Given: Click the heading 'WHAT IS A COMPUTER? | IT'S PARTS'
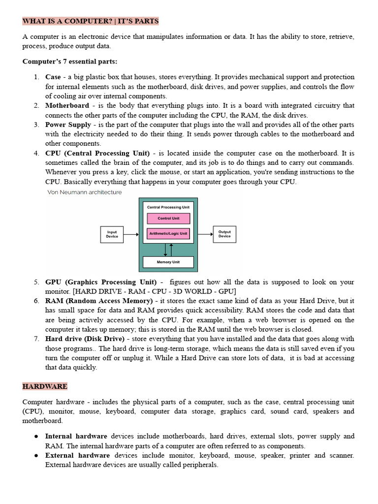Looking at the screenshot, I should [91, 21].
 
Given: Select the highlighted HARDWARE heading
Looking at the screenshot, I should [45, 386].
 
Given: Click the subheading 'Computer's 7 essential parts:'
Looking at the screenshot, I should [70, 62].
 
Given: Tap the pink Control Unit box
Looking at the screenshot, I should [168, 218].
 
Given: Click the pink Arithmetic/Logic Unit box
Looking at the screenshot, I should [168, 233].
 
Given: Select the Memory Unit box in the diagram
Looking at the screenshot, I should [168, 262].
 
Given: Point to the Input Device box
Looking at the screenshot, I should [112, 234].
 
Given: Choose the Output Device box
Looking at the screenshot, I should [224, 234].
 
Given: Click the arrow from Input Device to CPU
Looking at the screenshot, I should [131, 234].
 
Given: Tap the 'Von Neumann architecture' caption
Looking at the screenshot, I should [84, 192].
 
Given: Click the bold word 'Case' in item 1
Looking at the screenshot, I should [53, 77].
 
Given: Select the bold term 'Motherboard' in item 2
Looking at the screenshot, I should [67, 106].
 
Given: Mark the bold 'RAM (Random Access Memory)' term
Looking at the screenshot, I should [98, 301].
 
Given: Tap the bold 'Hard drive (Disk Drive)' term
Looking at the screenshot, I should [85, 339].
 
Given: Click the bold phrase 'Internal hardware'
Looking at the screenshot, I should [76, 436].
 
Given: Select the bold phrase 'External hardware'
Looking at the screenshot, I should [76, 455].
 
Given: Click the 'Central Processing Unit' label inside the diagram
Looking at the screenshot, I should [168, 207].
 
